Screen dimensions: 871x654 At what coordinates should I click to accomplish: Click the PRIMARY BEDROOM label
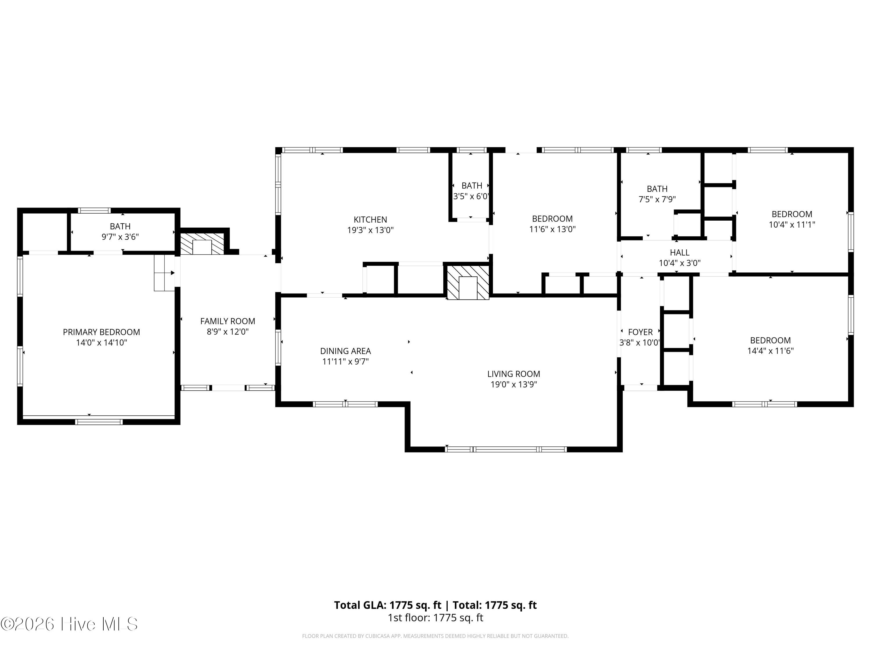(x=102, y=332)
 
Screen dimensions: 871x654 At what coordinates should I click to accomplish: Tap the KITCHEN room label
(x=370, y=219)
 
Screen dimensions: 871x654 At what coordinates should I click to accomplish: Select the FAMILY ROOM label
(x=228, y=321)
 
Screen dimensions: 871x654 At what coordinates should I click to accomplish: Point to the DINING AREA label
(x=345, y=351)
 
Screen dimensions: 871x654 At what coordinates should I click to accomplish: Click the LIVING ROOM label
(x=514, y=374)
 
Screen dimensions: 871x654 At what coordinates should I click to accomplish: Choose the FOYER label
(x=640, y=332)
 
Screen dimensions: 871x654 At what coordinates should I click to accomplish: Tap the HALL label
(x=680, y=252)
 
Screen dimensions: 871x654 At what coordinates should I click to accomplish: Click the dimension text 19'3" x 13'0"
(x=370, y=230)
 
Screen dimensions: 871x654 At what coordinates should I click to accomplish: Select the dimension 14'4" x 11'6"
(x=770, y=351)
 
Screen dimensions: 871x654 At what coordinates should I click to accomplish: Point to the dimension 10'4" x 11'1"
(x=792, y=225)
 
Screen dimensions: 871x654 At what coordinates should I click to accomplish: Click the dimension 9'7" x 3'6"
(x=120, y=237)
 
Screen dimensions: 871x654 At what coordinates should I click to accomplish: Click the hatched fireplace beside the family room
(x=202, y=244)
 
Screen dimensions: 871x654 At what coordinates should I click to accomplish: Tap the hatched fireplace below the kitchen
(x=468, y=282)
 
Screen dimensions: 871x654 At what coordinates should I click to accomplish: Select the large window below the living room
(x=506, y=449)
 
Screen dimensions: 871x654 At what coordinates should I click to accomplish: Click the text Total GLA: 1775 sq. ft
(x=388, y=605)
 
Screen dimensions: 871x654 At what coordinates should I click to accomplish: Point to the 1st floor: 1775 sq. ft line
(x=435, y=618)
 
